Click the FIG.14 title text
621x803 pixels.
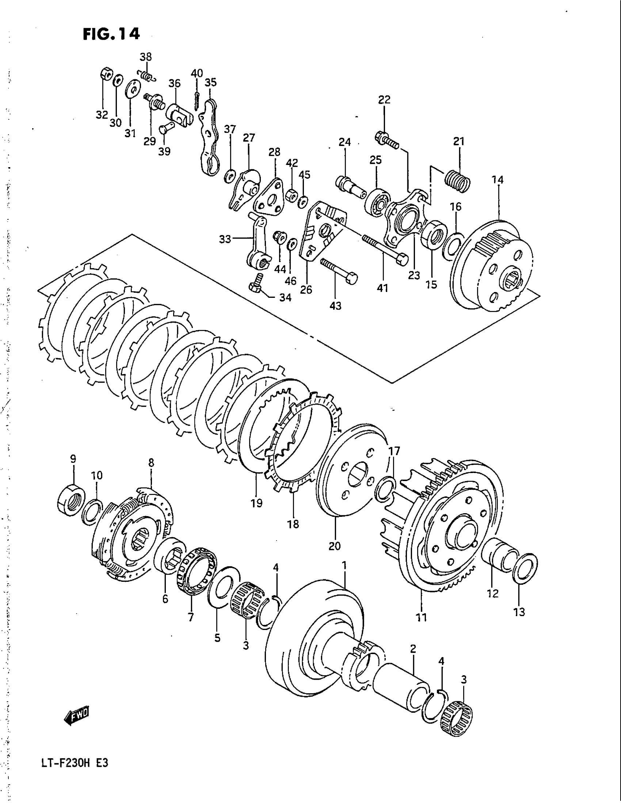coord(111,34)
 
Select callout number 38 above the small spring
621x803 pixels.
coord(146,57)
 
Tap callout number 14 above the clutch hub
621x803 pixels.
coord(499,180)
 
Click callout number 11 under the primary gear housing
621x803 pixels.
coord(421,617)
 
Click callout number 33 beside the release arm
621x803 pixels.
coord(225,239)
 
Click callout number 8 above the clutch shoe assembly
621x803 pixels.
coord(151,463)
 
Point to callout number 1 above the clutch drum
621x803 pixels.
coord(344,565)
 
